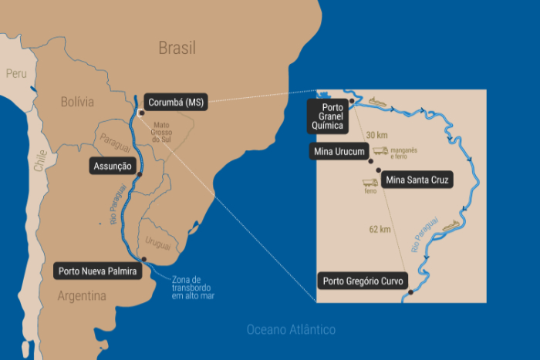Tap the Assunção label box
tap(113, 167)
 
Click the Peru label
tap(16, 74)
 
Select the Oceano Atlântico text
tap(291, 330)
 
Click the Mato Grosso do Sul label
tap(160, 133)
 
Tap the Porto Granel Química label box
tap(326, 116)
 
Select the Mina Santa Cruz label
tap(417, 180)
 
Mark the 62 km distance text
tap(380, 229)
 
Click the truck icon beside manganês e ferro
tap(380, 152)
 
